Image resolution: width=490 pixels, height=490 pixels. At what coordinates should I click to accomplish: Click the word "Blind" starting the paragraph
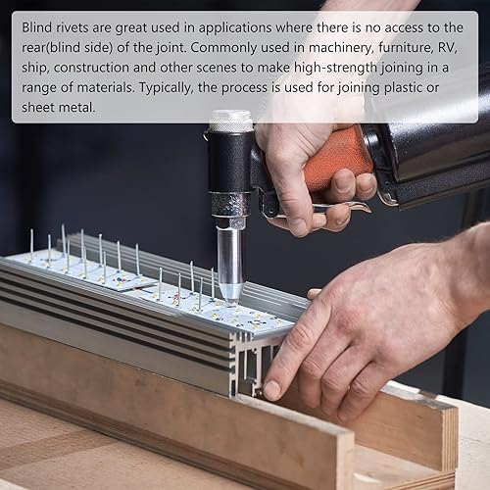(x=37, y=27)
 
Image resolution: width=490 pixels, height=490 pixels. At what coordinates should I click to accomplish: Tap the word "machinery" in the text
(x=340, y=48)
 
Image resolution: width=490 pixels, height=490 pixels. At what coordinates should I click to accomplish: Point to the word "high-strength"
(x=336, y=68)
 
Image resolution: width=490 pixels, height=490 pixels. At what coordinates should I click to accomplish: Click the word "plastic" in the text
(x=403, y=87)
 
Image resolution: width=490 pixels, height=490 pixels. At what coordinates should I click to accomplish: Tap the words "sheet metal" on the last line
(x=59, y=107)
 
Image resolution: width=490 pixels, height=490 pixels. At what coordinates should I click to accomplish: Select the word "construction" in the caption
(x=91, y=68)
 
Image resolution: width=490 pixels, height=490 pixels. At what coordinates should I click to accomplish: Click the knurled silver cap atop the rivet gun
(x=231, y=122)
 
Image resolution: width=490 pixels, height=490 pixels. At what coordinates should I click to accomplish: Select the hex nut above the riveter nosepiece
(x=230, y=221)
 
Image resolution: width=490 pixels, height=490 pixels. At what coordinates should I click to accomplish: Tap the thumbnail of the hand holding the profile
(x=271, y=390)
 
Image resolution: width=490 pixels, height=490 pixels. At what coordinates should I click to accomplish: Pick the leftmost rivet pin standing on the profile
(x=31, y=245)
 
